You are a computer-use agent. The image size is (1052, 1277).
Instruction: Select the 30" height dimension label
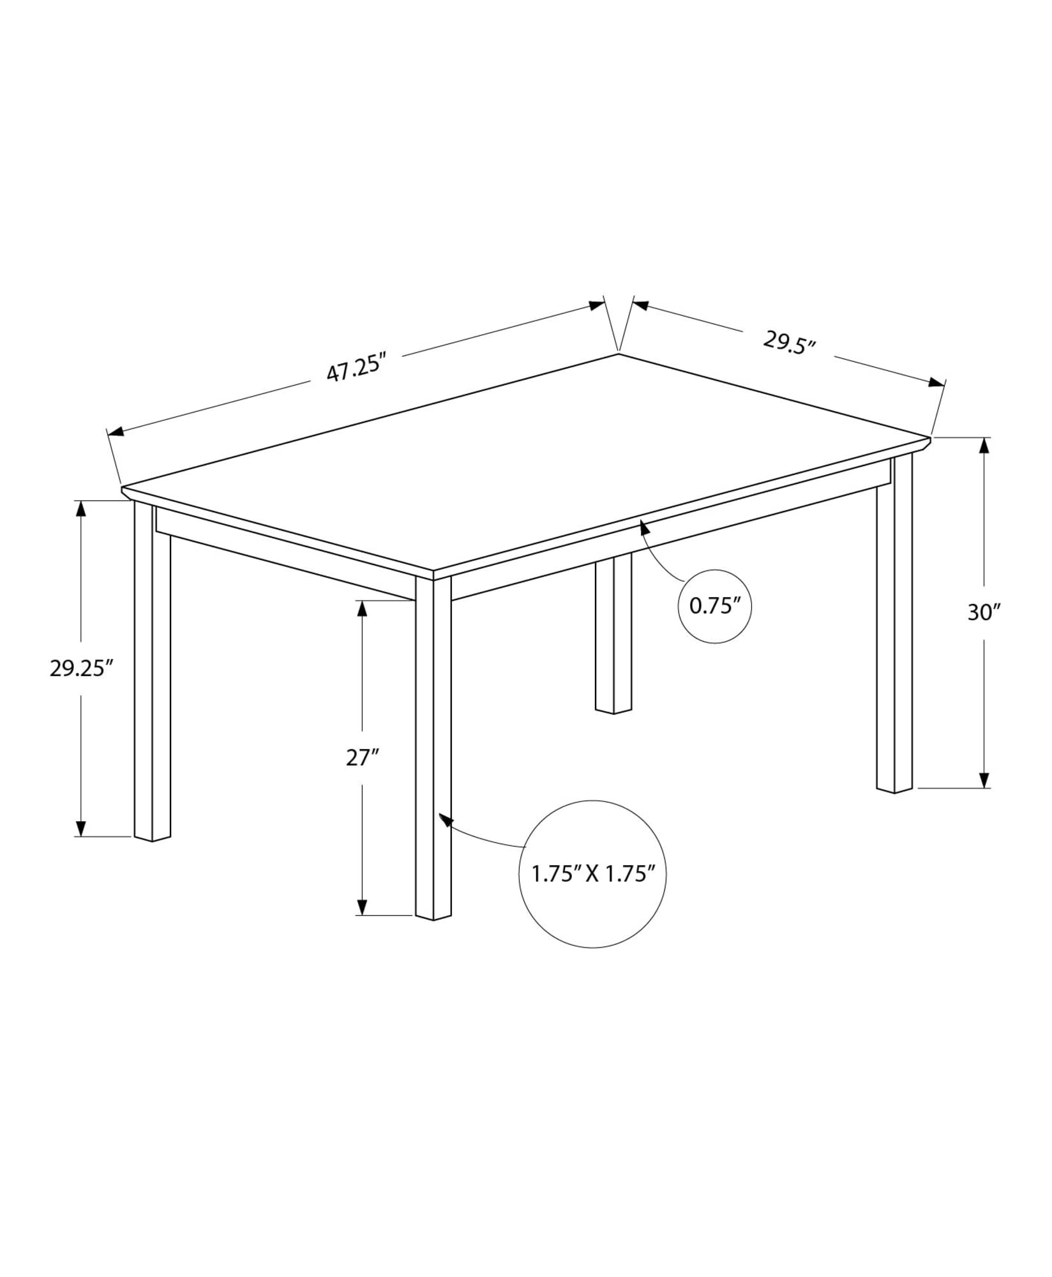[984, 612]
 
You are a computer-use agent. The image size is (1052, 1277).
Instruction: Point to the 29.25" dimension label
[81, 668]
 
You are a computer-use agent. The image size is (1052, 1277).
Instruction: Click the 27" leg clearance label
[363, 758]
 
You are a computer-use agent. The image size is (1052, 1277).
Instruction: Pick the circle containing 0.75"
[714, 606]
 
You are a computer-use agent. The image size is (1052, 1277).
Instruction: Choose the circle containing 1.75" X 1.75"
[593, 873]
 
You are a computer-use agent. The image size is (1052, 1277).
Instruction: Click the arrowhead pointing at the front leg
[445, 819]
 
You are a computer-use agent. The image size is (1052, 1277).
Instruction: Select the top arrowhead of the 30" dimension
[984, 445]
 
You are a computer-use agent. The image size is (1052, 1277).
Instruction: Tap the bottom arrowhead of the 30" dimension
[984, 780]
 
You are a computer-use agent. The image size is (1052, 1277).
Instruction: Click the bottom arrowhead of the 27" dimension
[362, 907]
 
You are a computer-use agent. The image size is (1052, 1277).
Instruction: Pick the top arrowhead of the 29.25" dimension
[80, 508]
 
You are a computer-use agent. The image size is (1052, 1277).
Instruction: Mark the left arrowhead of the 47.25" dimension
[116, 433]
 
